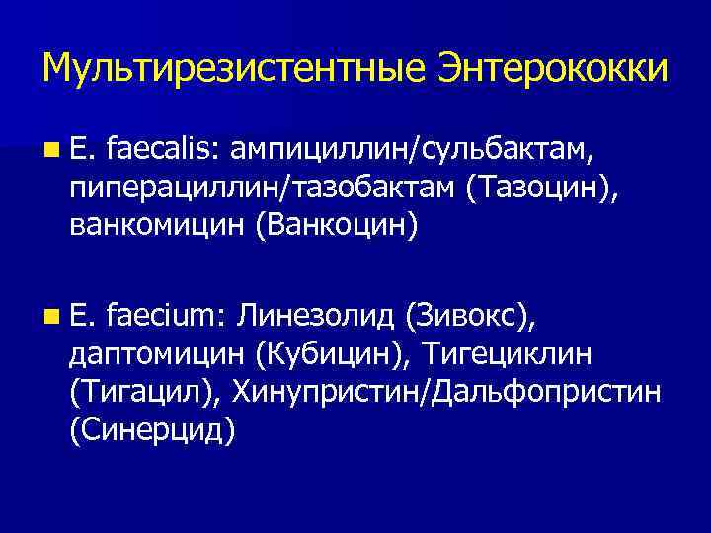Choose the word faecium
pyautogui.click(x=169, y=316)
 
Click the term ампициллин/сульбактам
pyautogui.click(x=414, y=149)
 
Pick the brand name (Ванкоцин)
pyautogui.click(x=337, y=226)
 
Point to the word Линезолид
pyautogui.click(x=316, y=316)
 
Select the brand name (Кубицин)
pyautogui.click(x=330, y=354)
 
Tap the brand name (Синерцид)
pyautogui.click(x=153, y=430)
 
